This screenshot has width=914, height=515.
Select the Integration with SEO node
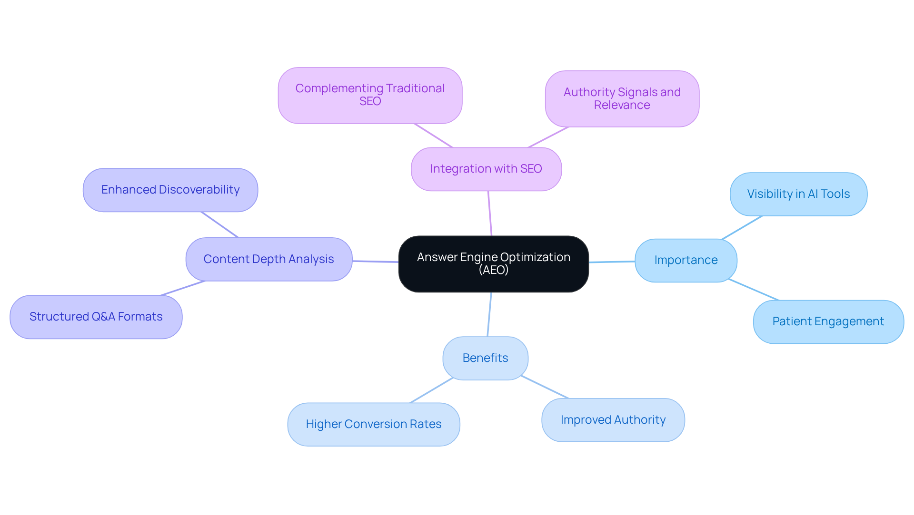pyautogui.click(x=486, y=169)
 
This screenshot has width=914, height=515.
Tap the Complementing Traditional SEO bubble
pyautogui.click(x=370, y=95)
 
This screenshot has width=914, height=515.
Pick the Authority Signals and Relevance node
pyautogui.click(x=622, y=98)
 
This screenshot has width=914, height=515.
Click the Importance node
pyautogui.click(x=685, y=260)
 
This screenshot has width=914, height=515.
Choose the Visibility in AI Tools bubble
pyautogui.click(x=798, y=194)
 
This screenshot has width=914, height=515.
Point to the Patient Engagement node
pyautogui.click(x=828, y=321)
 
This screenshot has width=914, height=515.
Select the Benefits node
pyautogui.click(x=485, y=358)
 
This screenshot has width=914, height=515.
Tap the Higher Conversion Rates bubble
pyautogui.click(x=373, y=424)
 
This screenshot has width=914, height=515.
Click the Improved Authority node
pyautogui.click(x=613, y=420)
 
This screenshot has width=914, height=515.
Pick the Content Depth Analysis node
pyautogui.click(x=268, y=259)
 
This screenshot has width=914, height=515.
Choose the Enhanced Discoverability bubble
pyautogui.click(x=170, y=190)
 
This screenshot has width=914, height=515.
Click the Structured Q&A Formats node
pyautogui.click(x=96, y=317)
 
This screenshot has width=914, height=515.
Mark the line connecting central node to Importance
pyautogui.click(x=612, y=262)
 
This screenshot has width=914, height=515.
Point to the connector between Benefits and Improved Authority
pyautogui.click(x=545, y=387)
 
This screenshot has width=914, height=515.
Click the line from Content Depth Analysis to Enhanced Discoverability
pyautogui.click(x=219, y=224)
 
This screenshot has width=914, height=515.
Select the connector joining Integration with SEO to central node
pyautogui.click(x=490, y=214)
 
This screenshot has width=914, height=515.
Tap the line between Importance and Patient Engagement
pyautogui.click(x=754, y=290)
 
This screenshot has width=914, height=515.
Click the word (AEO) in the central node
pyautogui.click(x=493, y=270)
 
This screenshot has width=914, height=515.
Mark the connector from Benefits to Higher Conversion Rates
pyautogui.click(x=431, y=390)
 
